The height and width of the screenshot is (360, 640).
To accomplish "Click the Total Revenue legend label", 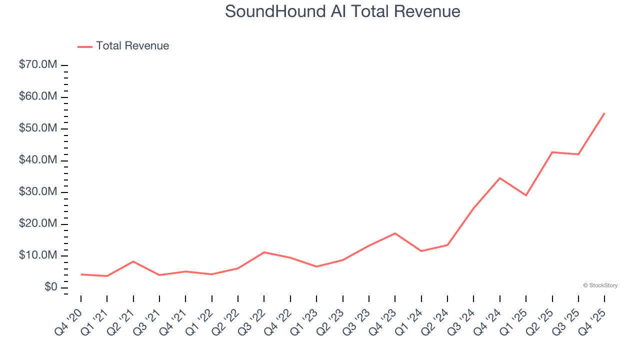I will pos(132,46).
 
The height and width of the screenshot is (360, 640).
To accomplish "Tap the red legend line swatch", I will pos(85,46).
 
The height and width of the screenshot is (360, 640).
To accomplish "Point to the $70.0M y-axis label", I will pos(38,65).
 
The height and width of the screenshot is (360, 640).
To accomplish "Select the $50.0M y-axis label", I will pos(38,128).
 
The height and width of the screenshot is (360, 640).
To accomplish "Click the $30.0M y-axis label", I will pos(38,192).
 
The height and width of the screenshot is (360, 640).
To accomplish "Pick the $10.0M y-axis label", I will pos(38,255).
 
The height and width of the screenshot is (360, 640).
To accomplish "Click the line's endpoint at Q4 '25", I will pos(604,113).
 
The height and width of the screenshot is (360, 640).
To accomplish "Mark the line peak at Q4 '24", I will pos(500,178).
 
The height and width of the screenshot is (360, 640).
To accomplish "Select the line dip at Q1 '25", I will pos(526,195).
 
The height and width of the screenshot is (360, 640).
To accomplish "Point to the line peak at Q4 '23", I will pos(395,233).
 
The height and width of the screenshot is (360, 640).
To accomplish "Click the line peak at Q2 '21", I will pos(133,261).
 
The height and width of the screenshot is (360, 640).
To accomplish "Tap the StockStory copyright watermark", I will pos(600,285).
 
